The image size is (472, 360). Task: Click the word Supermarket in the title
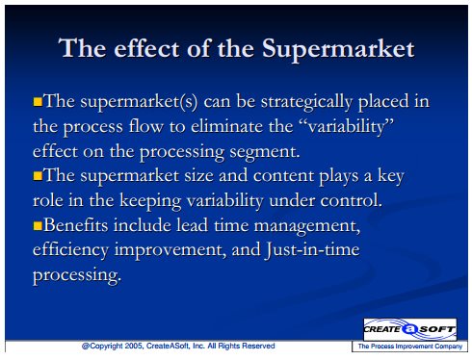pyautogui.click(x=338, y=49)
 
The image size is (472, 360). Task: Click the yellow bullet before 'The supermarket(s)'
pyautogui.click(x=38, y=102)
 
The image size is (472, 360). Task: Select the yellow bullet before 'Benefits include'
pyautogui.click(x=38, y=225)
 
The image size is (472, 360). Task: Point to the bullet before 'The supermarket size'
pyautogui.click(x=38, y=176)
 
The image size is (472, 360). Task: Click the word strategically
pyautogui.click(x=306, y=102)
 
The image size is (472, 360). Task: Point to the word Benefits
pyautogui.click(x=76, y=225)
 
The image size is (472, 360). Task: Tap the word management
pyautogui.click(x=307, y=226)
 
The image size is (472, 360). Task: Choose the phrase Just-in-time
pyautogui.click(x=312, y=250)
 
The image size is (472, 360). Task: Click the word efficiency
pyautogui.click(x=71, y=250)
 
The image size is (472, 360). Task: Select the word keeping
pyautogui.click(x=150, y=201)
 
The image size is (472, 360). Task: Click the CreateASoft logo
pyautogui.click(x=409, y=329)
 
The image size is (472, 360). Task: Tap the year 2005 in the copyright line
pyautogui.click(x=134, y=346)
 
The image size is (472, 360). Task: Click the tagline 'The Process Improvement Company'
pyautogui.click(x=410, y=347)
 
